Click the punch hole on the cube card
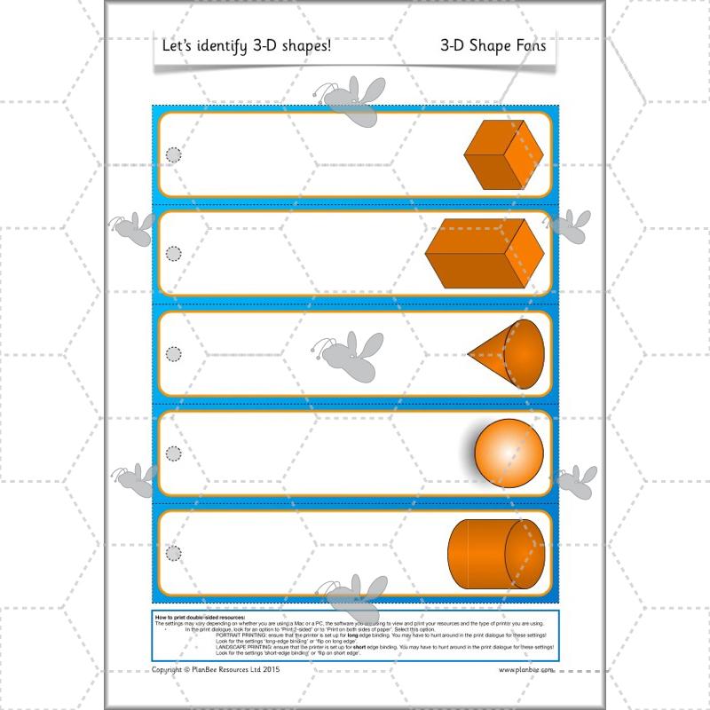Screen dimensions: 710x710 pyautogui.click(x=174, y=155)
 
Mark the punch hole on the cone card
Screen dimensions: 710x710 pyautogui.click(x=174, y=353)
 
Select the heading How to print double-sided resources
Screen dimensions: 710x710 pyautogui.click(x=199, y=616)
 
